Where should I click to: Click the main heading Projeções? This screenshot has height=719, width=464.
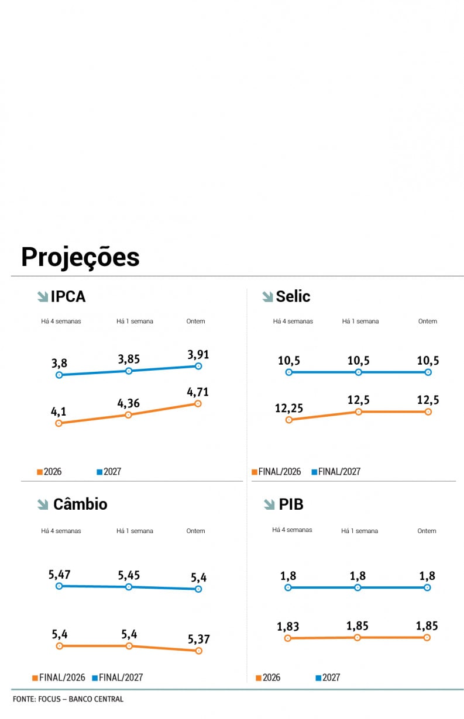[80, 257]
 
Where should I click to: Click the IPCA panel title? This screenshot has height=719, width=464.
[68, 296]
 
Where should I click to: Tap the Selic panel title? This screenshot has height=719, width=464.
[293, 296]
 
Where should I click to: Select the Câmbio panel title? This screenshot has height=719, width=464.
[80, 504]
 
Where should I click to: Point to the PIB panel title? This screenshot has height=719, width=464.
[291, 504]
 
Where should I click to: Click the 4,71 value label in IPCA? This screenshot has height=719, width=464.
[198, 392]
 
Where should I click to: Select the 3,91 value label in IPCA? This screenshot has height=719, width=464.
[198, 354]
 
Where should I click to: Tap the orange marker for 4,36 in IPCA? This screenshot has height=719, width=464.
[128, 415]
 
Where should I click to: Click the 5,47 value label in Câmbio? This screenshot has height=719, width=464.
[60, 574]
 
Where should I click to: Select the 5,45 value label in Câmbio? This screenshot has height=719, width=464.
[129, 575]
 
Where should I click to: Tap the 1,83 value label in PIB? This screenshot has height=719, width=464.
[288, 626]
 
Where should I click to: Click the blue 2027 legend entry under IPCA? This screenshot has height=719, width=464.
[109, 472]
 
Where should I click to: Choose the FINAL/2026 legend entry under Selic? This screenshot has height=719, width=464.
[276, 472]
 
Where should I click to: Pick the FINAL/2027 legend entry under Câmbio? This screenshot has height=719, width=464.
[118, 678]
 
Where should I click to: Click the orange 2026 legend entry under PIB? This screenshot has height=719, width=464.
[268, 678]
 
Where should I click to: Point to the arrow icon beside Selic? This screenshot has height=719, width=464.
[267, 297]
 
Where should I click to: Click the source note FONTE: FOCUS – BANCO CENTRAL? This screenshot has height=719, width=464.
[68, 699]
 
